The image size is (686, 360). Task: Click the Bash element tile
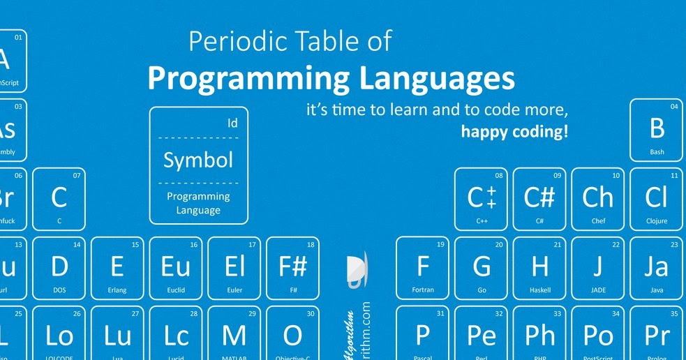(x=657, y=130)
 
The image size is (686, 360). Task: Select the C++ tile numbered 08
(x=481, y=199)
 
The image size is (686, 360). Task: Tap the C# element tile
(x=539, y=199)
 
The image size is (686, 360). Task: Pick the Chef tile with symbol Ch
(x=598, y=199)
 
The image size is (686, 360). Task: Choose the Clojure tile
(x=656, y=199)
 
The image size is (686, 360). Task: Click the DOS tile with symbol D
(x=59, y=267)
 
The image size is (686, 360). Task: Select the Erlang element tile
(x=117, y=267)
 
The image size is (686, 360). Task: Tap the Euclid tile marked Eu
(x=176, y=267)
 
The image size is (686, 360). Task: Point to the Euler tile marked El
(x=234, y=267)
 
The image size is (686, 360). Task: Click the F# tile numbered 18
(x=293, y=267)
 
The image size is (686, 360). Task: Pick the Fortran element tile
(x=422, y=267)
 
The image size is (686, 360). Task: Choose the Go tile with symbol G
(x=481, y=267)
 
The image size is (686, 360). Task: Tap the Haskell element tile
(x=539, y=267)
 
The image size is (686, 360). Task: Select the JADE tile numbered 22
(x=598, y=267)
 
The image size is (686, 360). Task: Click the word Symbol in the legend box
(x=198, y=160)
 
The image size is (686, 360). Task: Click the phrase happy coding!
(x=514, y=130)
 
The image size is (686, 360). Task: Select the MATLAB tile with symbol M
(x=234, y=335)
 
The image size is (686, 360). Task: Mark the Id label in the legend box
(x=233, y=123)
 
